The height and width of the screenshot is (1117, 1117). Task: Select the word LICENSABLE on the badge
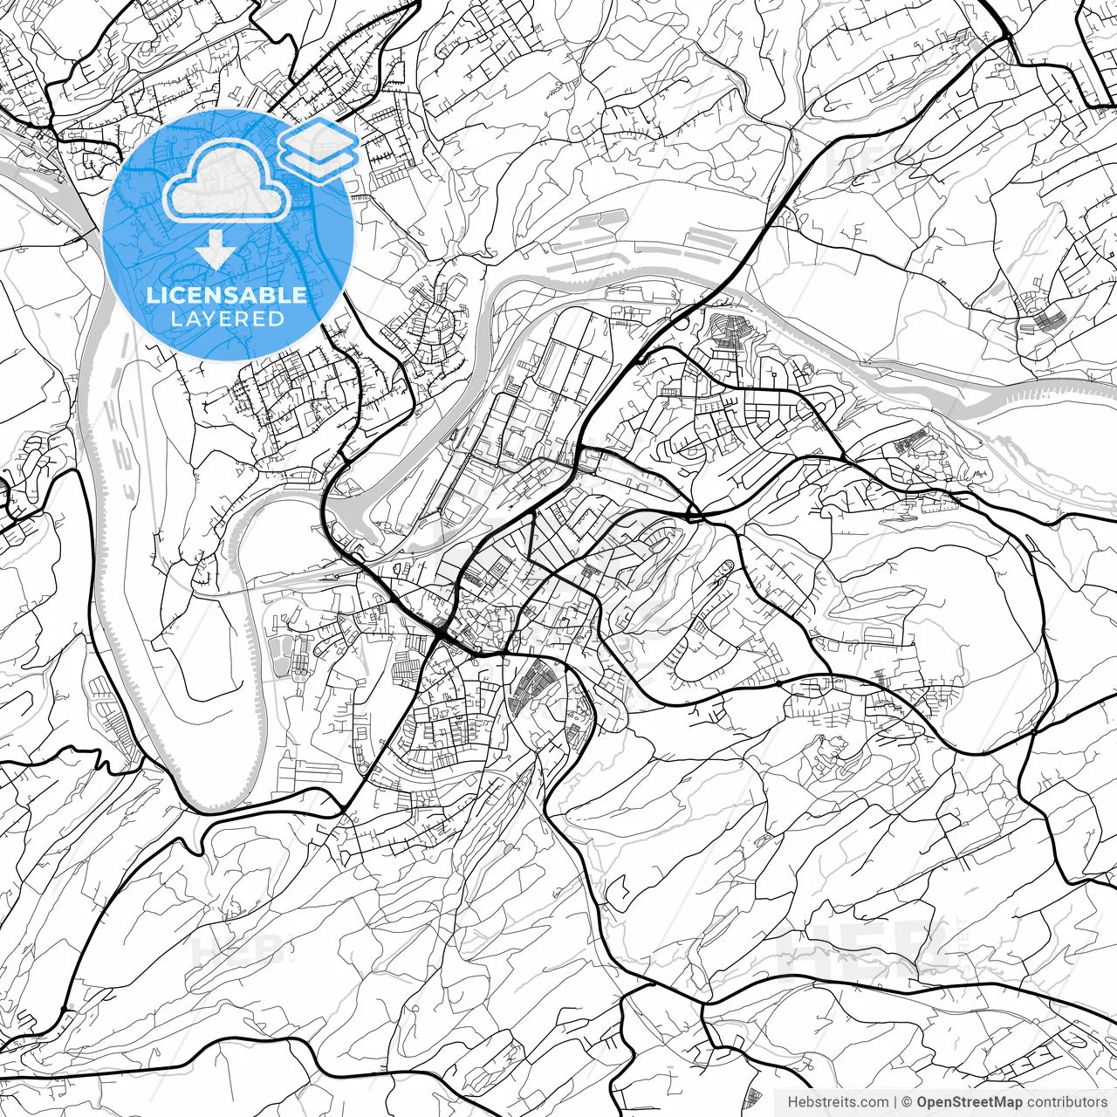pyautogui.click(x=227, y=295)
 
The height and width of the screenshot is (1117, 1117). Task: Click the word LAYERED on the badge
pyautogui.click(x=227, y=319)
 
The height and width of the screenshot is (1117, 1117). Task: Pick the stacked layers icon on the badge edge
pyautogui.click(x=319, y=149)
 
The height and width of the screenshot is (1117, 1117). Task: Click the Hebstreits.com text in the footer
pyautogui.click(x=838, y=1102)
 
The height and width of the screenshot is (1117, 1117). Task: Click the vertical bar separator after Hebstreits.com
pyautogui.click(x=895, y=1102)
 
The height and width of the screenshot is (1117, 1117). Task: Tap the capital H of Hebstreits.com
pyautogui.click(x=792, y=1102)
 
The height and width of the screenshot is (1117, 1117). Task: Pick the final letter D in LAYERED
pyautogui.click(x=278, y=319)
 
